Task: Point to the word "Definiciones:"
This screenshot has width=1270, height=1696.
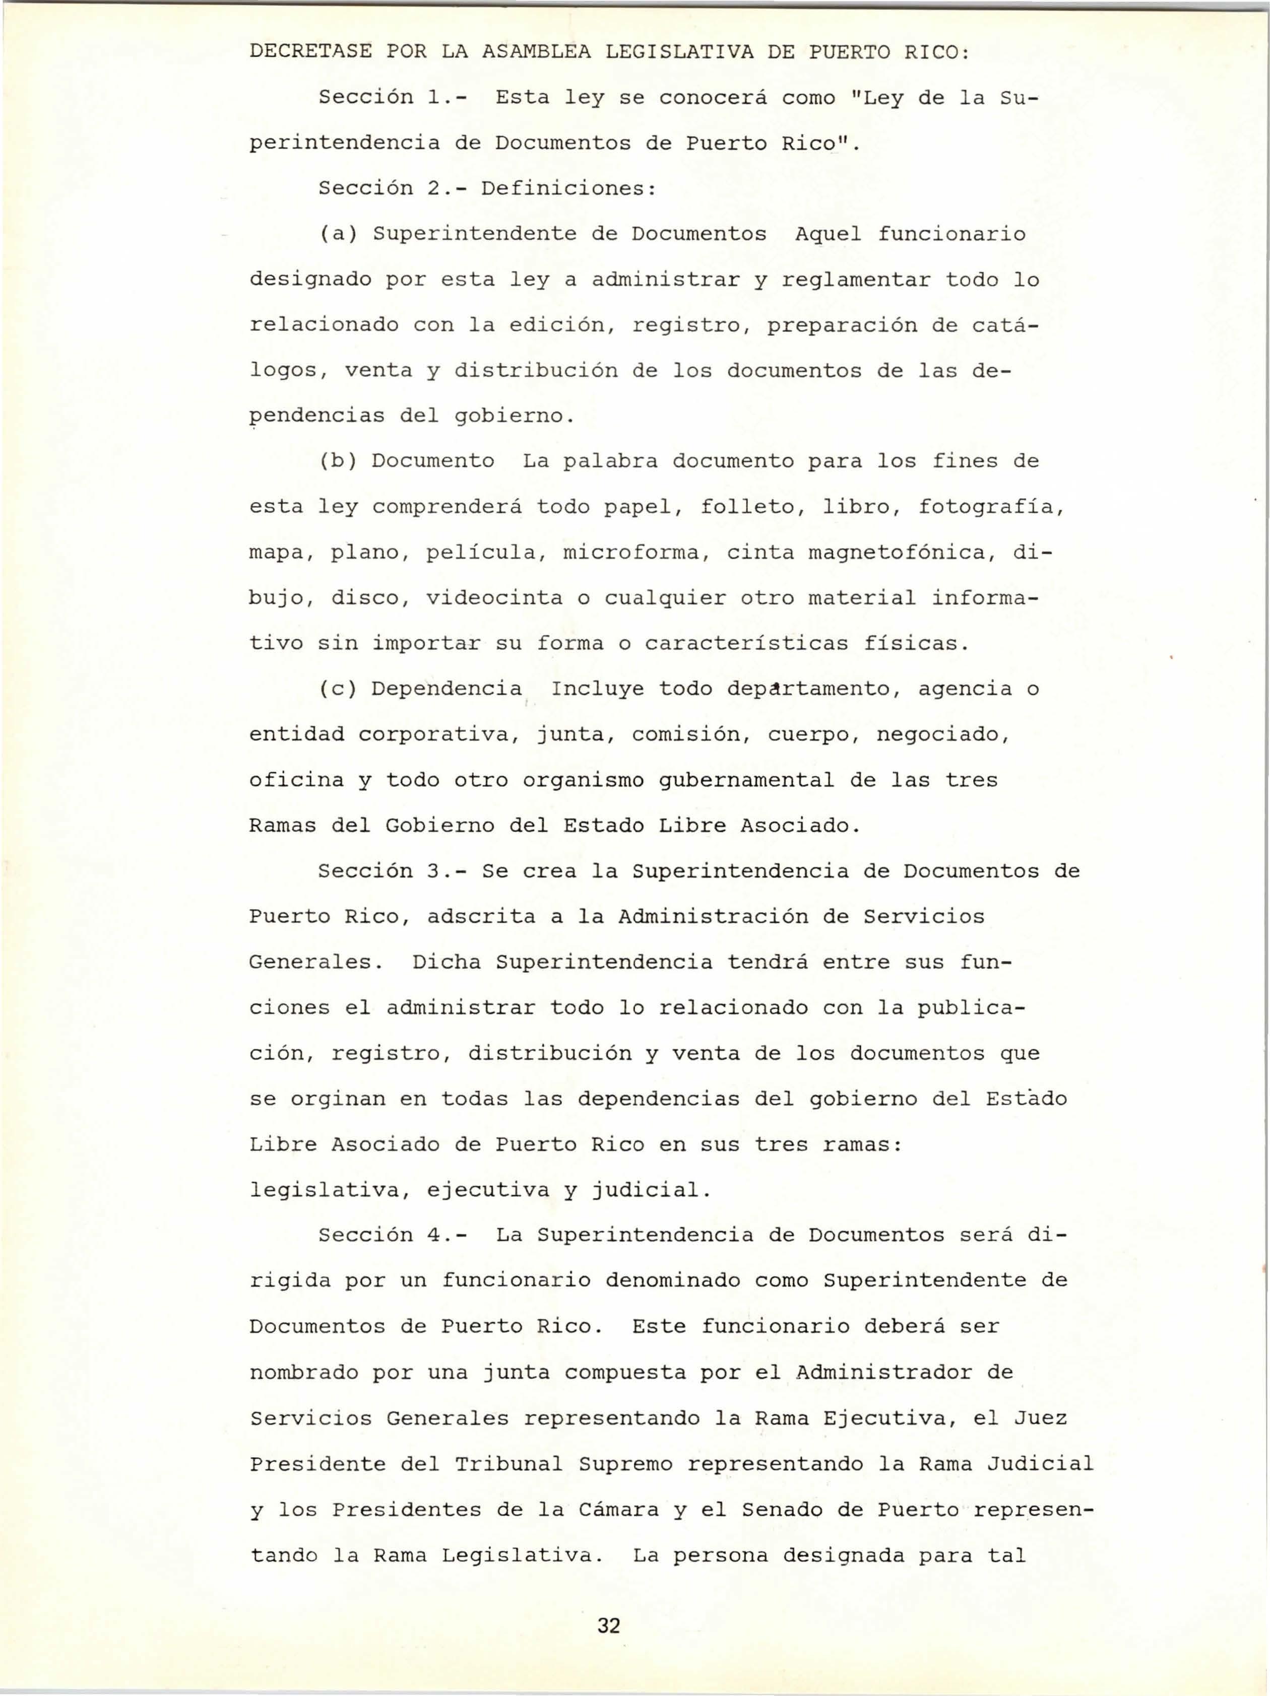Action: click(x=570, y=188)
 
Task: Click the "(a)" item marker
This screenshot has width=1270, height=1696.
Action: click(x=338, y=234)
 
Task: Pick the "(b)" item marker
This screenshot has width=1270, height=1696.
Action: click(x=338, y=461)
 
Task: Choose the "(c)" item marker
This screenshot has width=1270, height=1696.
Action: click(x=338, y=689)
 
